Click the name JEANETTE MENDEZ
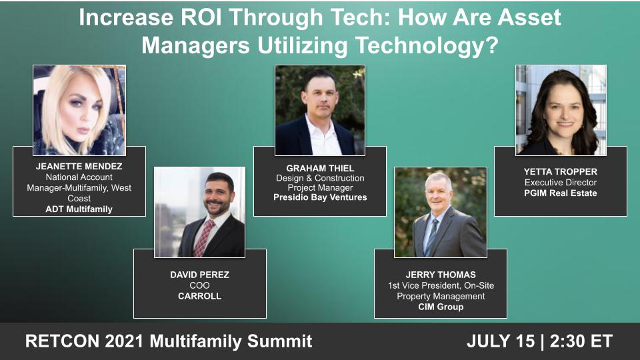[79, 167]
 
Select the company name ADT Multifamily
[79, 209]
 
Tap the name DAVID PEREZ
[199, 275]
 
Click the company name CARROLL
[199, 296]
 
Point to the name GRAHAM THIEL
[320, 167]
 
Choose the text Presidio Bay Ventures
[320, 197]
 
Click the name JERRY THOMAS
[440, 275]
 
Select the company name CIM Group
[440, 307]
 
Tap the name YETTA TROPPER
[560, 171]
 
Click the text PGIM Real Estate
[560, 193]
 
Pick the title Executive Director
[560, 182]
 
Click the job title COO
[199, 285]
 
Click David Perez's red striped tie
[202, 237]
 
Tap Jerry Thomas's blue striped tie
[434, 236]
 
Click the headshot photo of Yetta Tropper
[561, 110]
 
